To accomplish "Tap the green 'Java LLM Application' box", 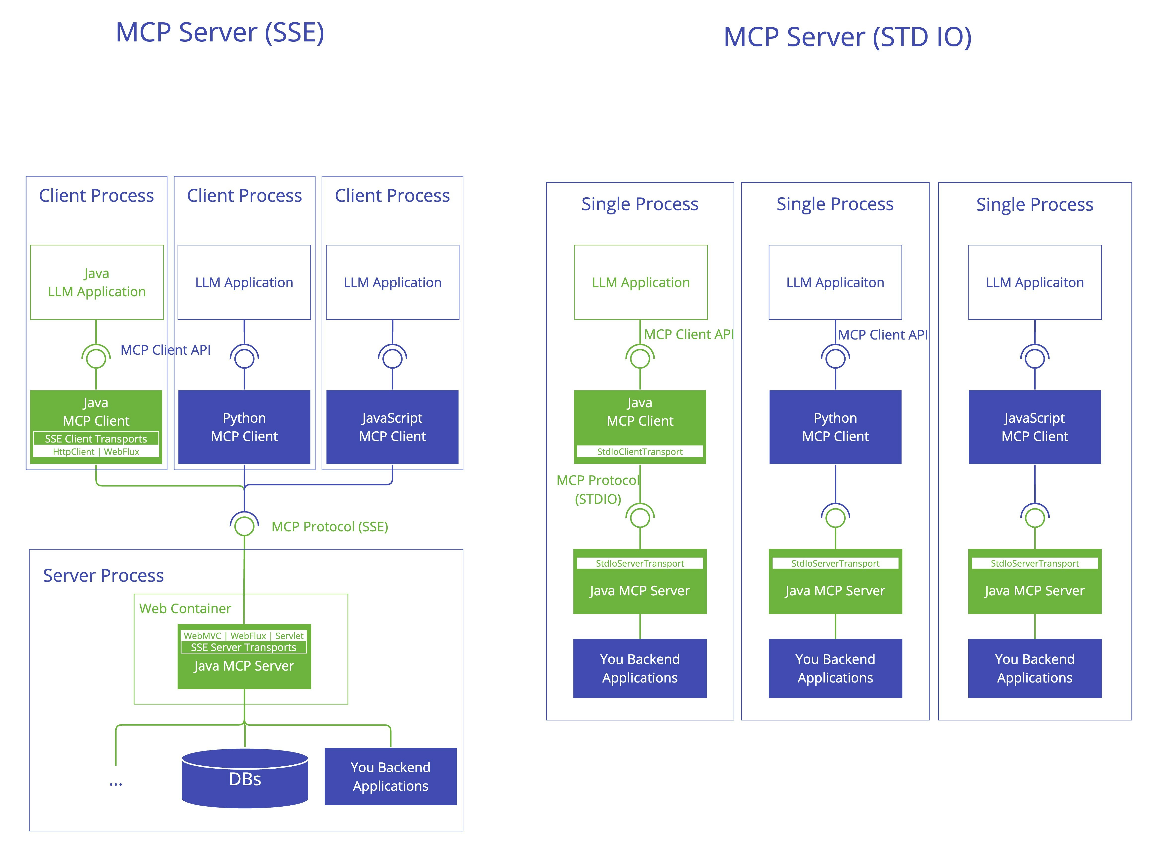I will [97, 282].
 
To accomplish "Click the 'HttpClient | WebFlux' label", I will [96, 452].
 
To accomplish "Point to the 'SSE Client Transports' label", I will [96, 439].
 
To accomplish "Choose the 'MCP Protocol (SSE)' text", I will [330, 527].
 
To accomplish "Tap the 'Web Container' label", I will [185, 609].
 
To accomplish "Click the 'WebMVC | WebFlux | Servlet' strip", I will [244, 636].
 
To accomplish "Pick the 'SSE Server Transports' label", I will [244, 647].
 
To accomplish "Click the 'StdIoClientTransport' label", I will [640, 452].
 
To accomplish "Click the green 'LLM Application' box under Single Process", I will [640, 282].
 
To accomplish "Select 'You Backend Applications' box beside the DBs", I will [391, 776].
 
